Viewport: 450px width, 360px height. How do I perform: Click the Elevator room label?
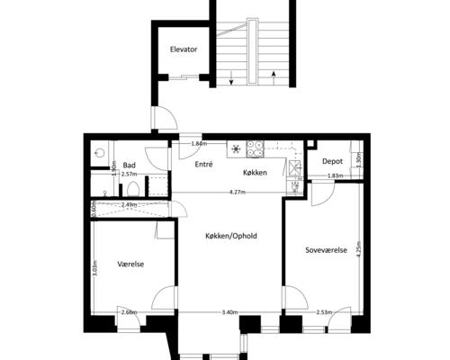pyautogui.click(x=184, y=49)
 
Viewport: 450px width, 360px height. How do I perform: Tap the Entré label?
pyautogui.click(x=203, y=164)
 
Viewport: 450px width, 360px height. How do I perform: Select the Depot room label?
pyautogui.click(x=332, y=161)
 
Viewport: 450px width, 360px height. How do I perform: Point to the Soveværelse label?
pyautogui.click(x=326, y=250)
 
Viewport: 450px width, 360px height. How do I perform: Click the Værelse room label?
pyautogui.click(x=130, y=264)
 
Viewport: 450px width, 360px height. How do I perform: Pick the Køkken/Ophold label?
pyautogui.click(x=231, y=236)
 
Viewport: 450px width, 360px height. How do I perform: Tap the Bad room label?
pyautogui.click(x=130, y=165)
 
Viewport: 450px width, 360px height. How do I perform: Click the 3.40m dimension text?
pyautogui.click(x=229, y=312)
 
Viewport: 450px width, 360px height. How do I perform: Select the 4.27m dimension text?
pyautogui.click(x=238, y=193)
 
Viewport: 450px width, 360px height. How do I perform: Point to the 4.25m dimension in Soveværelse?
pyautogui.click(x=358, y=249)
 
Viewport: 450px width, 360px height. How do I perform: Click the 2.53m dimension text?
pyautogui.click(x=324, y=312)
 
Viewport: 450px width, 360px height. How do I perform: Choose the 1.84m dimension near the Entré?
pyautogui.click(x=199, y=144)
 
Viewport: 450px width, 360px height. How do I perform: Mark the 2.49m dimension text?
pyautogui.click(x=130, y=205)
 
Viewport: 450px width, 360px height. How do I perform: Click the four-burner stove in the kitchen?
pyautogui.click(x=255, y=149)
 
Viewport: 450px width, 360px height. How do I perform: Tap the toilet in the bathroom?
pyautogui.click(x=132, y=189)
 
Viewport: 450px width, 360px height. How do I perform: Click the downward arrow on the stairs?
pyautogui.click(x=231, y=77)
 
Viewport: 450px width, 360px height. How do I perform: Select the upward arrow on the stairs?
pyautogui.click(x=274, y=78)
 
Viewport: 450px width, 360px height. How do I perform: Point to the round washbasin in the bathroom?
pyautogui.click(x=99, y=153)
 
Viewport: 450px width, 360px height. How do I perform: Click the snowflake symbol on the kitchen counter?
pyautogui.click(x=237, y=148)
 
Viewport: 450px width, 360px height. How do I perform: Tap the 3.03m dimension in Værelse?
pyautogui.click(x=94, y=268)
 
